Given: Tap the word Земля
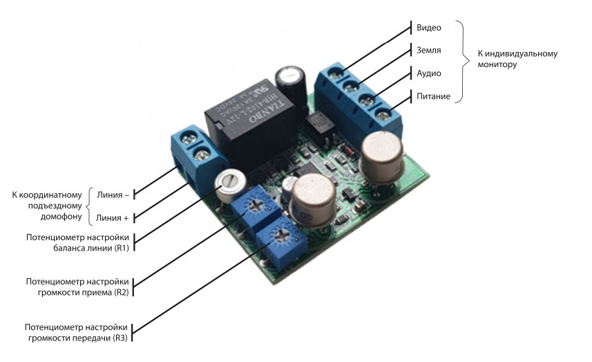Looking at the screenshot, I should point(429,50).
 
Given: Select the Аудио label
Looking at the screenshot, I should point(429,73).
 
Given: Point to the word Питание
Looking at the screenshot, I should point(434,96).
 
